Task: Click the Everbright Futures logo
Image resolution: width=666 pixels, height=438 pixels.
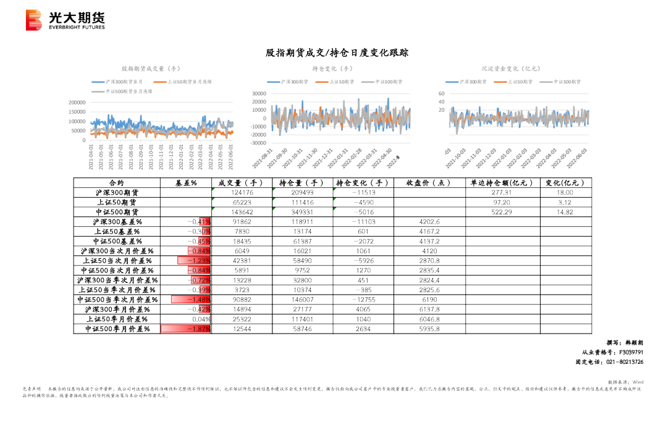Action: click(x=65, y=20)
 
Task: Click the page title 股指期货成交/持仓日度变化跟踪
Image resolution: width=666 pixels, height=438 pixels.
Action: click(x=337, y=53)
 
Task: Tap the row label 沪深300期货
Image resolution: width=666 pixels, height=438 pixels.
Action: click(x=116, y=193)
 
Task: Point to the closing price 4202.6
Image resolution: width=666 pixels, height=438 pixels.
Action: click(x=429, y=222)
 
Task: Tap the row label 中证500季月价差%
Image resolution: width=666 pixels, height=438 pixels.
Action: click(x=117, y=329)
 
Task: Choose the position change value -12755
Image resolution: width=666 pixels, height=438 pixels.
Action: click(x=362, y=300)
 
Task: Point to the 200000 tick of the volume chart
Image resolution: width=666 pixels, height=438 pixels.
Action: click(x=77, y=103)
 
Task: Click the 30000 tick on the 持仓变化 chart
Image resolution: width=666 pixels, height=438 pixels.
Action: click(x=258, y=94)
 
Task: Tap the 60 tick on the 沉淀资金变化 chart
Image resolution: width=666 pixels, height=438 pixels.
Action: click(x=441, y=94)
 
